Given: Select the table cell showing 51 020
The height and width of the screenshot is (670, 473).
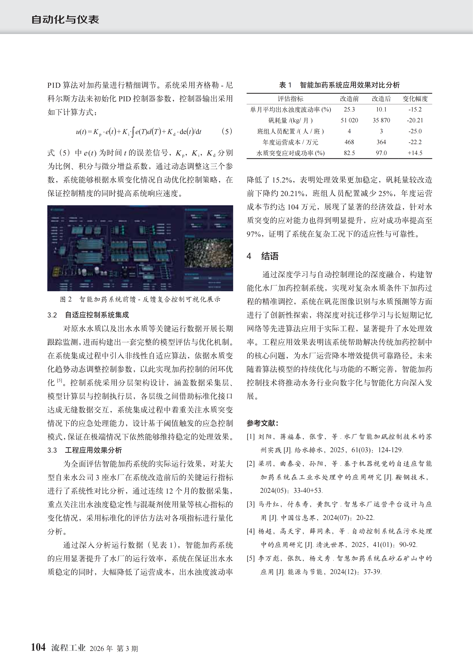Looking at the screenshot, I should pos(349,120).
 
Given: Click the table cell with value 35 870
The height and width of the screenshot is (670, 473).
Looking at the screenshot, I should pos(381,120).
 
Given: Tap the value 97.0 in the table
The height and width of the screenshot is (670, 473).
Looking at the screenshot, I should pos(381,153).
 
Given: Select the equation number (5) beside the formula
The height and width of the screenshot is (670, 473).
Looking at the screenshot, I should pos(227,131).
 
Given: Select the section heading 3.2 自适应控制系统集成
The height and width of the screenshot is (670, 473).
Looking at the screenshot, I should pos(88,315).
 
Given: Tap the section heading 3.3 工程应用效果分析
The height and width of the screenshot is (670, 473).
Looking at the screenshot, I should pos(84,450).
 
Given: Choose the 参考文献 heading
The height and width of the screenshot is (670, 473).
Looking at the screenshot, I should pos(262,423).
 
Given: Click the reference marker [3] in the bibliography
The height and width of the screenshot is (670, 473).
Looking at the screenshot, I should pos(251,504).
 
